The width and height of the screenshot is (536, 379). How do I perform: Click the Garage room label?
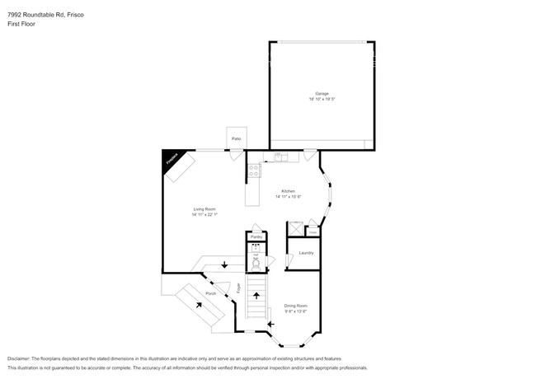click(x=322, y=93)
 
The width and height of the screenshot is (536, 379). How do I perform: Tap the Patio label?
click(x=236, y=138)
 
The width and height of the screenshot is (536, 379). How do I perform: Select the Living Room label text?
click(x=204, y=209)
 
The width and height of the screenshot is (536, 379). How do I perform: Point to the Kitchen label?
click(x=288, y=190)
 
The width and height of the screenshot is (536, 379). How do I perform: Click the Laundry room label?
click(x=306, y=252)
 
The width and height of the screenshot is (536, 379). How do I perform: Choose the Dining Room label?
click(x=296, y=305)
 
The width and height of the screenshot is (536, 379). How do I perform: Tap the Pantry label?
click(x=256, y=236)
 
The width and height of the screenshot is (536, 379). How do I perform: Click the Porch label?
click(x=211, y=293)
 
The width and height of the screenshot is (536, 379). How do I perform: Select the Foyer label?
click(x=240, y=288)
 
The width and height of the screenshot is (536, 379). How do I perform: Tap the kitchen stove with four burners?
click(x=255, y=171)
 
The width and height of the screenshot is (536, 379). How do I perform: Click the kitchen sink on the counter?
click(x=280, y=156)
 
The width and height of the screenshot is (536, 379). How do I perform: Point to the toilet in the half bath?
click(x=256, y=265)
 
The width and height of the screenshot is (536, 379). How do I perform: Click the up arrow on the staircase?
click(x=256, y=294)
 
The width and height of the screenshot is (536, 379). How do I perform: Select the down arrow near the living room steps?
click(x=224, y=264)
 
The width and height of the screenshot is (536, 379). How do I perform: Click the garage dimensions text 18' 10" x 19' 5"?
click(x=322, y=99)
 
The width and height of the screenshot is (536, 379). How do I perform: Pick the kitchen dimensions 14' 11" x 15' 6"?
click(x=289, y=196)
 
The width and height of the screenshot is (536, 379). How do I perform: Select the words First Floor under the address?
click(x=22, y=24)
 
